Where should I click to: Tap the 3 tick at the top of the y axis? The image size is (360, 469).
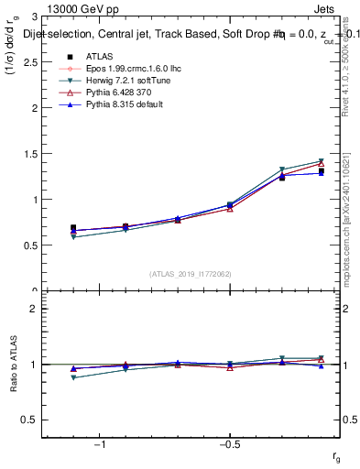pyautogui.click(x=33, y=17)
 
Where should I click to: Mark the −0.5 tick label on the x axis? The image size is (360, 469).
pyautogui.click(x=228, y=444)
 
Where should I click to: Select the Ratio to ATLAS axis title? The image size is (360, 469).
pyautogui.click(x=13, y=365)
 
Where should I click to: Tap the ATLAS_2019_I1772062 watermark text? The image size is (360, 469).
pyautogui.click(x=190, y=273)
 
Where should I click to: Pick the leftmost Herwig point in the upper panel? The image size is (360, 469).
pyautogui.click(x=73, y=237)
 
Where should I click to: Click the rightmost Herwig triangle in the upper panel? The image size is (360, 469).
pyautogui.click(x=322, y=161)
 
